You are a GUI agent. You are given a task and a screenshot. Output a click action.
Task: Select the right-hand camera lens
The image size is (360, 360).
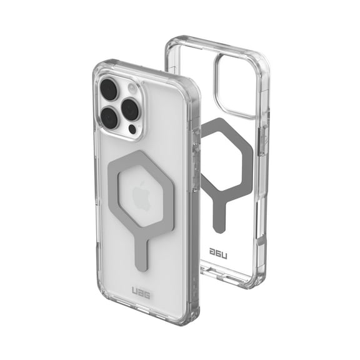[x=130, y=109]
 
